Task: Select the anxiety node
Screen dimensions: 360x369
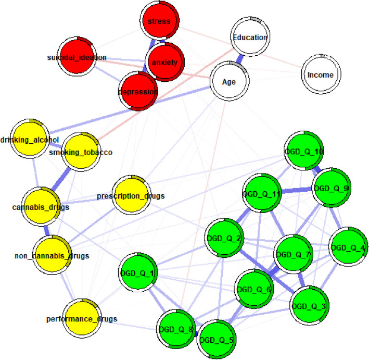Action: tap(164, 62)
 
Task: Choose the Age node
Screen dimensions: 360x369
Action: tap(229, 82)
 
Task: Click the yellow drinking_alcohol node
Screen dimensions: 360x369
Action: tap(31, 139)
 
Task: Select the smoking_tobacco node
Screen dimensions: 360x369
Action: tap(81, 152)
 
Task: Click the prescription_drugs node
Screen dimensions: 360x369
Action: tap(131, 195)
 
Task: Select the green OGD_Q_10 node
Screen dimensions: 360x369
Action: tap(304, 151)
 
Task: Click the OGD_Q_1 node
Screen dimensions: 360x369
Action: tap(137, 272)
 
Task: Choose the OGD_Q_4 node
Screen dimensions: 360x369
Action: tap(348, 247)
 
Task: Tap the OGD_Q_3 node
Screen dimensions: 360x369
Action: tap(309, 305)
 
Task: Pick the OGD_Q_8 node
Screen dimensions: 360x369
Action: tap(176, 328)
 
